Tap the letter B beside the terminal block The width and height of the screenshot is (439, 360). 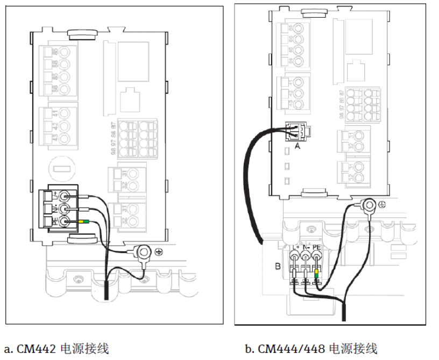click(277, 265)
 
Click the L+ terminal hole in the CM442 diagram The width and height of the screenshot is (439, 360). click(65, 195)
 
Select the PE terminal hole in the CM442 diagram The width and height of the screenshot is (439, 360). click(65, 222)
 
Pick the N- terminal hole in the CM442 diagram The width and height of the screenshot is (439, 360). click(65, 208)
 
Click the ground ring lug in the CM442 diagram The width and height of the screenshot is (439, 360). click(144, 251)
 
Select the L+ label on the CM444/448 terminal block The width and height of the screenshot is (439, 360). click(295, 247)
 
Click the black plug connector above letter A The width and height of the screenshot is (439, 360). click(298, 130)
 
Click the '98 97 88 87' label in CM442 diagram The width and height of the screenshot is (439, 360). click(114, 138)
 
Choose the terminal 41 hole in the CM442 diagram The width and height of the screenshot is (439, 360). click(65, 114)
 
